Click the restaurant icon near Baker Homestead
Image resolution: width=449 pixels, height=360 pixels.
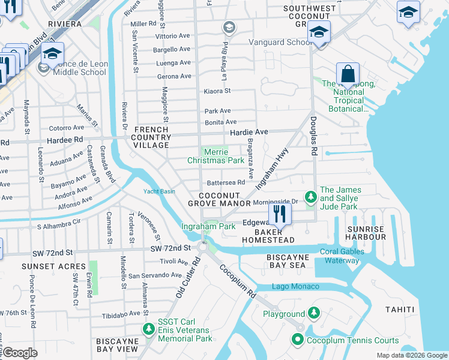(279, 213)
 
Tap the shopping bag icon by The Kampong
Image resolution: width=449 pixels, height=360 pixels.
(348, 74)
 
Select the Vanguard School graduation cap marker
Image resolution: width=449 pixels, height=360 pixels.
(319, 32)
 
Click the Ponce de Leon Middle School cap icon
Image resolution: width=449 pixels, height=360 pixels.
(52, 55)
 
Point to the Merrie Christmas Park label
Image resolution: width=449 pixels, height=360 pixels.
(215, 157)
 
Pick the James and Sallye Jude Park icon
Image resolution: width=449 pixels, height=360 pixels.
(310, 197)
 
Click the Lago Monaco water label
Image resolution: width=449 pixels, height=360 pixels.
(296, 286)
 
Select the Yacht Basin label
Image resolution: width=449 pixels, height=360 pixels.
(159, 192)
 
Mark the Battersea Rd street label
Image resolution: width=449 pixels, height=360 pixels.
(225, 182)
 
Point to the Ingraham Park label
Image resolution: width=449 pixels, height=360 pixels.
(209, 227)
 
